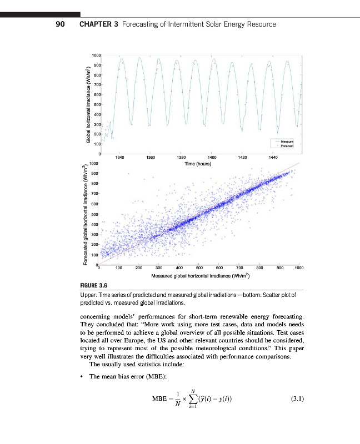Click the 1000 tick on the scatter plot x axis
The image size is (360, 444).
click(299, 268)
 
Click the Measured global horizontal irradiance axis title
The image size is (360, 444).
click(201, 275)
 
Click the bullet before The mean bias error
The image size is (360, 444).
click(83, 377)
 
